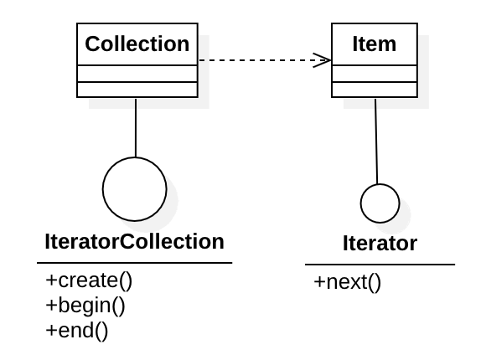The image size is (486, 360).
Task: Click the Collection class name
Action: click(x=137, y=44)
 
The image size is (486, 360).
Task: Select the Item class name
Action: click(x=375, y=44)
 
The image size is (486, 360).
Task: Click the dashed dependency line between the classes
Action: click(x=260, y=59)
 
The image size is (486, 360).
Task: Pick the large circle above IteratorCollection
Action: click(x=134, y=189)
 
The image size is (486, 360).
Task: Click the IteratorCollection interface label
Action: click(x=134, y=243)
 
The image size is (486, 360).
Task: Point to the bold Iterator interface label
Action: click(x=380, y=244)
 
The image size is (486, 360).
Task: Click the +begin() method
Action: click(x=85, y=305)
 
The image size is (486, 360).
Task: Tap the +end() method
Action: click(x=77, y=330)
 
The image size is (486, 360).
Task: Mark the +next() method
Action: click(x=348, y=282)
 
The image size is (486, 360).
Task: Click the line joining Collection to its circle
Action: click(x=135, y=126)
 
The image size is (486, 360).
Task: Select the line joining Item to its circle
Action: click(x=377, y=141)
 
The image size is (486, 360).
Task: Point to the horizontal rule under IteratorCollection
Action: click(x=134, y=263)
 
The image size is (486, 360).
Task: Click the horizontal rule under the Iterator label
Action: click(x=380, y=265)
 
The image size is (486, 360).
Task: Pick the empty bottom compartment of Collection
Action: click(x=137, y=90)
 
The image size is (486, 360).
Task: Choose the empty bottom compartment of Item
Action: click(x=375, y=90)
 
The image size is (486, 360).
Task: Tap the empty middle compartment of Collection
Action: click(x=137, y=75)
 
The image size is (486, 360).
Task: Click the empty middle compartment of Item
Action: click(x=375, y=75)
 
